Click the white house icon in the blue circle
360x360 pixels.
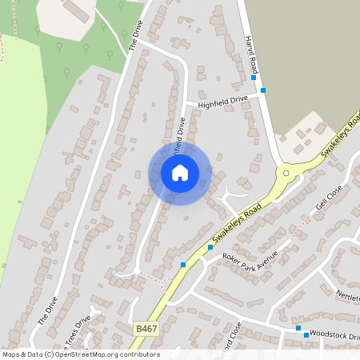tap(180, 172)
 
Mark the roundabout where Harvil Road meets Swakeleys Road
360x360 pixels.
tap(285, 171)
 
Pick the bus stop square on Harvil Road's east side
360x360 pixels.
tap(263, 90)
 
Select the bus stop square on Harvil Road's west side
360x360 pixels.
tap(254, 78)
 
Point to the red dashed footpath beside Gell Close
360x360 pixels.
tap(300, 230)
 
